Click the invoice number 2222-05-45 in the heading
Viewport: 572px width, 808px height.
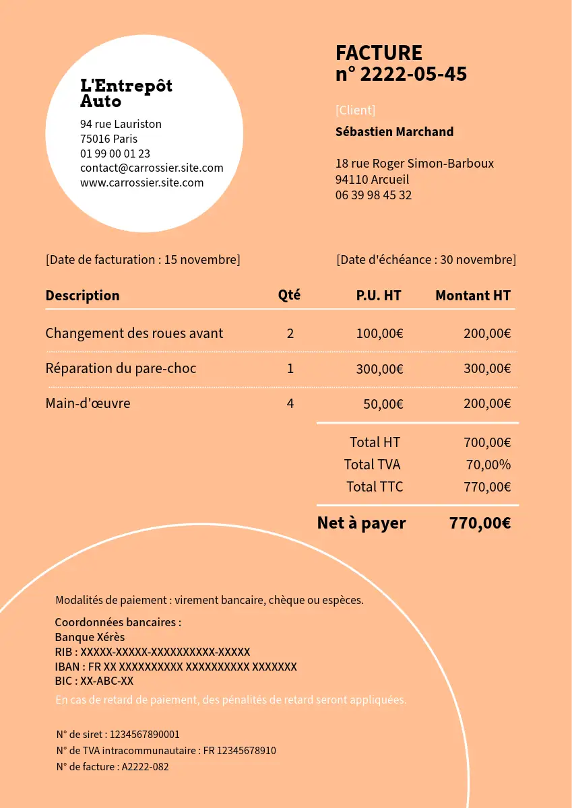tap(413, 74)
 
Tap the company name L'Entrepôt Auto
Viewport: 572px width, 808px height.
tap(126, 94)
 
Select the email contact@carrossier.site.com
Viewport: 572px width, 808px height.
tap(152, 168)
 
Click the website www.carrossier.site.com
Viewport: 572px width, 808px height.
tap(141, 182)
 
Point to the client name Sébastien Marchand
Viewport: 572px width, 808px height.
tap(394, 132)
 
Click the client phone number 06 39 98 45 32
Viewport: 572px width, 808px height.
tap(373, 195)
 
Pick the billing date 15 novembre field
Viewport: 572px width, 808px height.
tap(143, 260)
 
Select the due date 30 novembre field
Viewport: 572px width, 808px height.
tap(426, 260)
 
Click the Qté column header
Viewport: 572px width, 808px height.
tap(289, 295)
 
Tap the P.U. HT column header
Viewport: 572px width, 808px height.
tap(379, 296)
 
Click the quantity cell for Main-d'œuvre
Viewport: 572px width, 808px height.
tap(290, 404)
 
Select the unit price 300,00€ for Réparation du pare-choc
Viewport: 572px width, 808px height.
tap(379, 369)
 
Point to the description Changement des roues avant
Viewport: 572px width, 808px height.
tap(134, 333)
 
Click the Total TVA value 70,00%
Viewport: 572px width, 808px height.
tap(488, 465)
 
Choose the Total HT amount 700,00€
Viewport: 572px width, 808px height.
tap(486, 442)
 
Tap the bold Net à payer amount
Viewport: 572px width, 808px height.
tap(480, 523)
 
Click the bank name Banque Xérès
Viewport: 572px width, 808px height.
tap(90, 637)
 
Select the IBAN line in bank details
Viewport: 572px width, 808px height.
tap(176, 667)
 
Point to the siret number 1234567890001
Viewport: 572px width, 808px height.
tap(144, 735)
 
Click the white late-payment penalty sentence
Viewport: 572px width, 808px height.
tap(231, 700)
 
